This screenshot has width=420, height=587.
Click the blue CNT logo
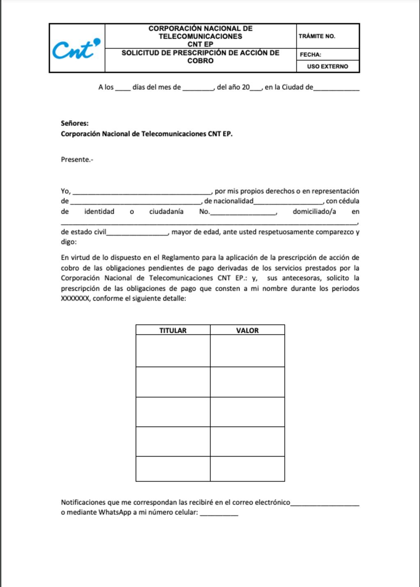click(x=76, y=49)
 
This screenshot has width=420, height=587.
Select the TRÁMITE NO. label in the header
click(x=317, y=36)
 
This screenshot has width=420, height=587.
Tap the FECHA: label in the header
click(x=310, y=55)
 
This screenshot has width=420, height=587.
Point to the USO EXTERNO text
click(x=327, y=66)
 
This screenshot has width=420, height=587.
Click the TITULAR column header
click(x=173, y=330)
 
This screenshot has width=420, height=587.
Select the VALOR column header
click(x=247, y=330)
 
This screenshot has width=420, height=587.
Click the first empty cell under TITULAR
click(x=173, y=351)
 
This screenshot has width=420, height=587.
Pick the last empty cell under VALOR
click(x=247, y=469)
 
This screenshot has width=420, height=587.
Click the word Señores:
click(x=75, y=123)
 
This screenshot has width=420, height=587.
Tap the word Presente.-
click(x=77, y=160)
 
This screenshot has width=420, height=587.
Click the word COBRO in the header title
click(x=200, y=61)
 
